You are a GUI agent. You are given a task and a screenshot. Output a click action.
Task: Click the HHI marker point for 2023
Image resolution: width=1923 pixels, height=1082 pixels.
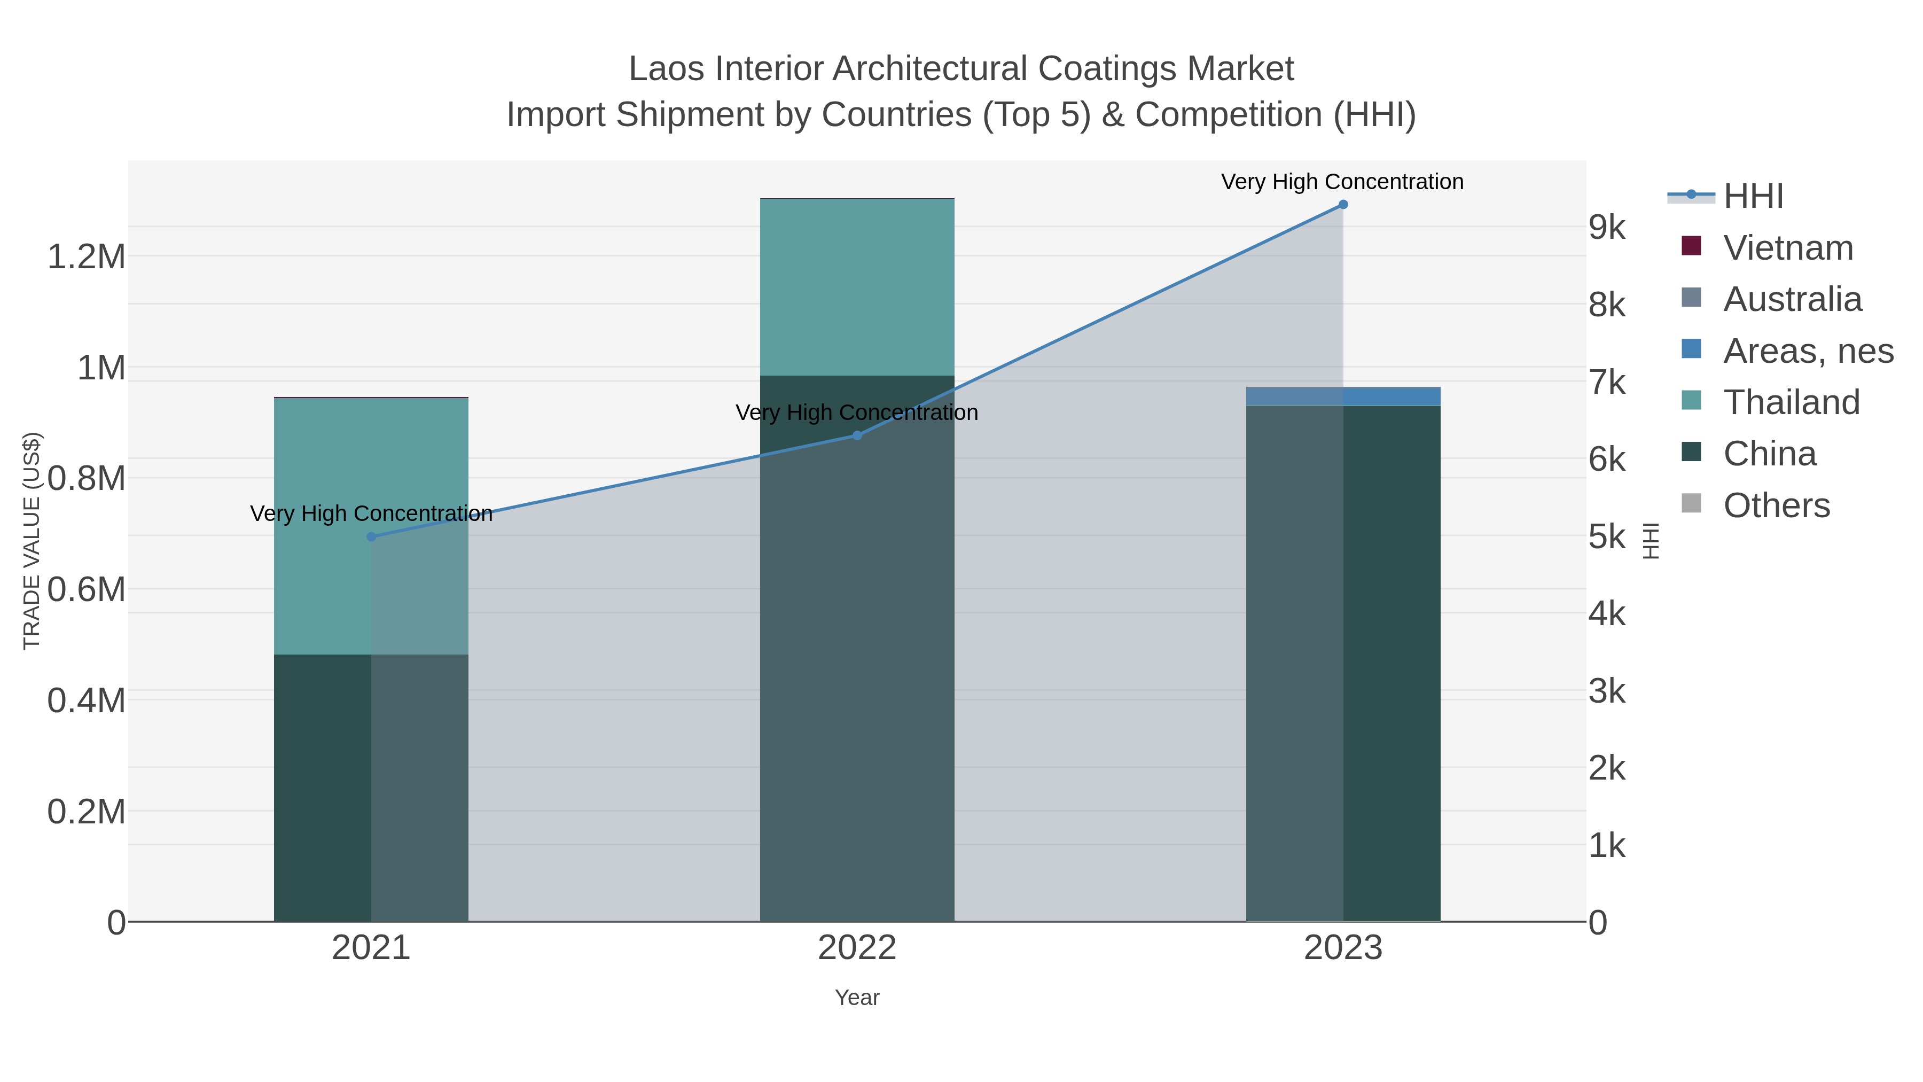click(1342, 205)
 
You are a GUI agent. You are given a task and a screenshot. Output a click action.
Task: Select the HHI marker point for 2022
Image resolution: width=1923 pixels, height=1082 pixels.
click(857, 435)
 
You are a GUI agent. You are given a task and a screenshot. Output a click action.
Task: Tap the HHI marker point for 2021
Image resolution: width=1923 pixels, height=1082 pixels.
click(371, 537)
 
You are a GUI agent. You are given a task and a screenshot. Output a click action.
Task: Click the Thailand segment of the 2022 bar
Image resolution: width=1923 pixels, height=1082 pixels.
click(857, 287)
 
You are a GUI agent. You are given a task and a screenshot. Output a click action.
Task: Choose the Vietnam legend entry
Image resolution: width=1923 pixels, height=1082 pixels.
click(1787, 248)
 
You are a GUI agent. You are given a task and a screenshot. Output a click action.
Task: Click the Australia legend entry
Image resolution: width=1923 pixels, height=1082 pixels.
click(1792, 299)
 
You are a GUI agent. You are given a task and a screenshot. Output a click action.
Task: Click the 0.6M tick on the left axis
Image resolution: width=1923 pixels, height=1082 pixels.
click(87, 590)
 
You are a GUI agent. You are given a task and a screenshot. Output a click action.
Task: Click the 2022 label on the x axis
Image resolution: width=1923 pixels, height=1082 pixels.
click(857, 948)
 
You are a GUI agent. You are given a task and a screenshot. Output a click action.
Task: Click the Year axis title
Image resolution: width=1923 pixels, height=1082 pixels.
click(857, 998)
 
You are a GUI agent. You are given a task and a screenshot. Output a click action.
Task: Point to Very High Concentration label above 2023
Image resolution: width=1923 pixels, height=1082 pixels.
click(1342, 182)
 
